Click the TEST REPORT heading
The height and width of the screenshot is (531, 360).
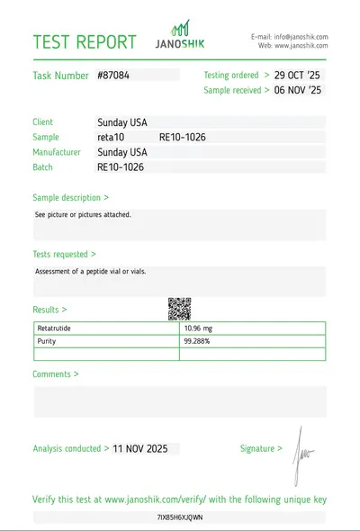click(x=85, y=42)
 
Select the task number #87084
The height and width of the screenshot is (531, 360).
click(x=113, y=76)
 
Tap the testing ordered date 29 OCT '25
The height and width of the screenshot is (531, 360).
click(x=297, y=75)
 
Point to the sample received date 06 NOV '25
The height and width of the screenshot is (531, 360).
click(x=297, y=90)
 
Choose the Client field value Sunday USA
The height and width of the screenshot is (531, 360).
click(x=122, y=122)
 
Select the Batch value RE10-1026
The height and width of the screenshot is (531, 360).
click(x=121, y=167)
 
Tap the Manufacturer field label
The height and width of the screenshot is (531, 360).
click(x=63, y=152)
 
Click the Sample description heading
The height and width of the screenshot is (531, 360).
click(x=71, y=196)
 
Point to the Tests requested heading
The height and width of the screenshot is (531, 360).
click(x=64, y=255)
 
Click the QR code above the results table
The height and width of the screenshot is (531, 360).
click(x=180, y=309)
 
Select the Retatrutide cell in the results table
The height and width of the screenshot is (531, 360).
click(x=54, y=328)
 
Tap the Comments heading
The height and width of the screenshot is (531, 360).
click(x=55, y=373)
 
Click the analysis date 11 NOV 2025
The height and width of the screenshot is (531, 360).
click(x=140, y=448)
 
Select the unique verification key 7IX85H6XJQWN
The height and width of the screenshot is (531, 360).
click(x=180, y=517)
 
